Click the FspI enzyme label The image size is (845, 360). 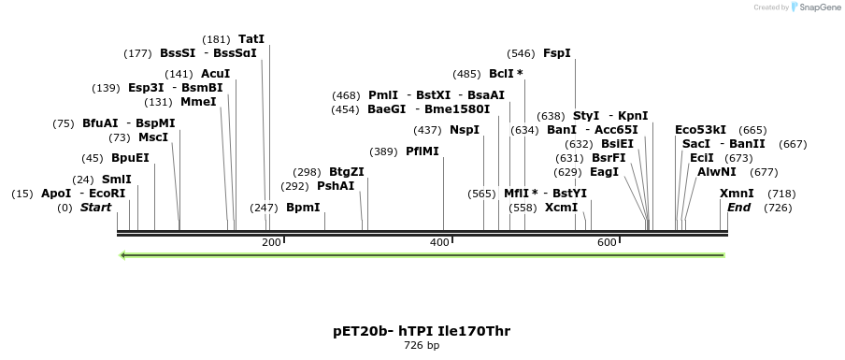(x=556, y=53)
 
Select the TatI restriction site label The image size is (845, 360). (x=251, y=39)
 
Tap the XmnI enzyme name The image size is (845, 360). (x=737, y=194)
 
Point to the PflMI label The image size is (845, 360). (x=422, y=151)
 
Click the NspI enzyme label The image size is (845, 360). (x=464, y=130)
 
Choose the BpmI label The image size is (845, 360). (x=303, y=208)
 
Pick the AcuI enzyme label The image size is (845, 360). (x=215, y=74)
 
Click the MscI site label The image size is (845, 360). (x=153, y=137)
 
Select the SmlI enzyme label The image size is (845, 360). (x=117, y=180)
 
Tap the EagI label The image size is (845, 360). (x=604, y=172)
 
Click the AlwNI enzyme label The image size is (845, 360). (x=716, y=172)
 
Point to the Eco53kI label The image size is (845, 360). (x=700, y=130)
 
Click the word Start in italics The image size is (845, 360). (x=95, y=208)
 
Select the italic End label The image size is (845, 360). (x=738, y=208)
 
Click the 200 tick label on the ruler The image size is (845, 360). (x=271, y=243)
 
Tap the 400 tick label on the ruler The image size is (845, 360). (x=439, y=243)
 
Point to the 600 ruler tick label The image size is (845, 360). (x=607, y=243)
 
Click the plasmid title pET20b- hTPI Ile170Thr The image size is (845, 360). (x=422, y=331)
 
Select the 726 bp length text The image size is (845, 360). (x=422, y=346)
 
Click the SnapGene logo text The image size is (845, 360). (x=820, y=7)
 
